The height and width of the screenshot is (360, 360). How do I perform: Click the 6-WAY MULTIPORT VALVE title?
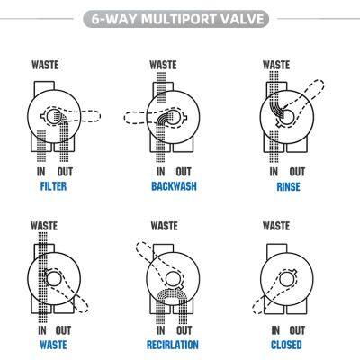coord(177,19)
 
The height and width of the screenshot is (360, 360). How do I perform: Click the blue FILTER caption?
coord(53,186)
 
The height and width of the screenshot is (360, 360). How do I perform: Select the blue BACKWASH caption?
coord(174,186)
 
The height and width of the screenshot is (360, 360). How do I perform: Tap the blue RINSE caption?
coord(288,187)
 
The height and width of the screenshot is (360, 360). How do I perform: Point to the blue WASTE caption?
coord(53,345)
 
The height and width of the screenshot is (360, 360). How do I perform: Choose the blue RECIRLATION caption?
coord(173,345)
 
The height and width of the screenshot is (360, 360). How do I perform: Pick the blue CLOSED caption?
coord(286,345)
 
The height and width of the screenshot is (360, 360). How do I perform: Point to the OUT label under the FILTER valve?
coord(65,172)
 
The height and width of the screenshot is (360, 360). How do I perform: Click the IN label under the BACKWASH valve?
coord(161,172)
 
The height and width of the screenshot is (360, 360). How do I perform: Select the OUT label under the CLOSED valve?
coord(297,330)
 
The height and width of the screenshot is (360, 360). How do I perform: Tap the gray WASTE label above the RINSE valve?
coord(276,65)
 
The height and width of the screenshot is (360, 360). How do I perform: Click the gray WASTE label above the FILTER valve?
coord(45,65)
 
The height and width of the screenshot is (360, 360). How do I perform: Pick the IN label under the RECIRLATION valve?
coord(161,330)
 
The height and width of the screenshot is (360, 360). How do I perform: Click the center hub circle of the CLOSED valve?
coord(286,279)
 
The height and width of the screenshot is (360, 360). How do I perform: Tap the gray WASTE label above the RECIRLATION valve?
coord(164,226)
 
